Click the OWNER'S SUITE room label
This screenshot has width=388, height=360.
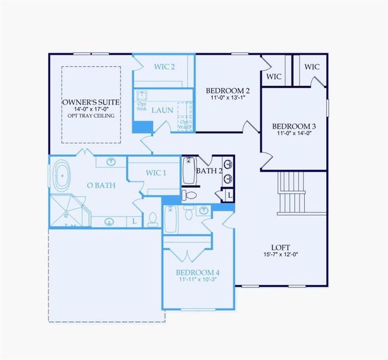click(91, 103)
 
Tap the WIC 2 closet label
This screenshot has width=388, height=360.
click(163, 66)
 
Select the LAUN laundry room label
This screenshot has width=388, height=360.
click(163, 110)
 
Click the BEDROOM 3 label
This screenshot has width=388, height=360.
click(294, 127)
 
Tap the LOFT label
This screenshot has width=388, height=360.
click(281, 247)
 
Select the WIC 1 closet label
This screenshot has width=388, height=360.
click(156, 173)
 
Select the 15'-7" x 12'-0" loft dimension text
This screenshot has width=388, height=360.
click(281, 254)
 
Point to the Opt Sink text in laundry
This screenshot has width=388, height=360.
click(142, 106)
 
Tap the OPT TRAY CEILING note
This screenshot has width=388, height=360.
click(91, 115)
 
